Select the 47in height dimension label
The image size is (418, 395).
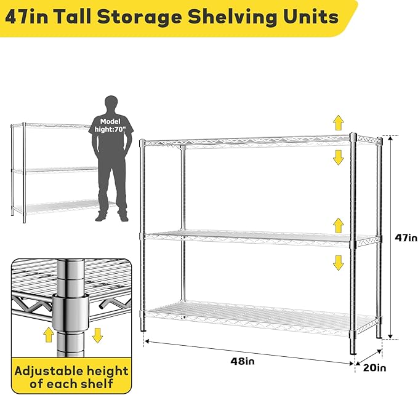click(406, 237)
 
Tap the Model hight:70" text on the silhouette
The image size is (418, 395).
click(111, 126)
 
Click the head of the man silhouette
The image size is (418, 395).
click(111, 103)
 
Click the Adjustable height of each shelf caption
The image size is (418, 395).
click(71, 377)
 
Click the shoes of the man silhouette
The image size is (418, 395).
click(111, 216)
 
